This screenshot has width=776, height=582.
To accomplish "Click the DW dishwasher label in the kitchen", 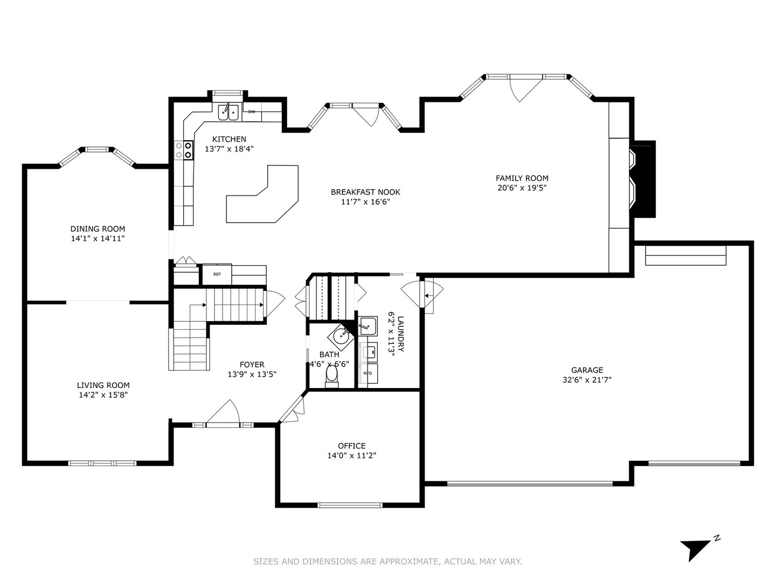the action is (x=252, y=112).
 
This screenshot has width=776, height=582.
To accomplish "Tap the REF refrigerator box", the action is (x=217, y=274).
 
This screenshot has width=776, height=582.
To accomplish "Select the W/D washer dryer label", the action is (x=368, y=373).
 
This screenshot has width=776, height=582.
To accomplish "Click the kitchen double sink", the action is (x=228, y=113).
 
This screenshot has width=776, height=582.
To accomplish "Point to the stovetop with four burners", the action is (x=184, y=150).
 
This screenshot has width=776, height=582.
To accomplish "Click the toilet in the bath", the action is (x=331, y=376).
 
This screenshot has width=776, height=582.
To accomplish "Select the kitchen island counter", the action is (x=262, y=194).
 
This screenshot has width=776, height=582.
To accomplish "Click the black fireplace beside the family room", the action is (x=643, y=179).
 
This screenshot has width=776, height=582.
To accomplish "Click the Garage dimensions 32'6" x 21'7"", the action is (x=587, y=380).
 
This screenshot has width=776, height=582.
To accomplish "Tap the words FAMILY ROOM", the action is (x=522, y=178).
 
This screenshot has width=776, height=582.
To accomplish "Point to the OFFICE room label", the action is (x=351, y=446).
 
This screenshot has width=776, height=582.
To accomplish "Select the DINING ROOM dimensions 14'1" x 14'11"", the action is (x=98, y=239).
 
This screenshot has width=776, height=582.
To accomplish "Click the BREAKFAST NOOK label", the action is (x=365, y=192).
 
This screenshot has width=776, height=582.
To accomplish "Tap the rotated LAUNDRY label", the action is (x=400, y=334).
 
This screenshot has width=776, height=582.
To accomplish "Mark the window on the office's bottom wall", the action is (x=350, y=505).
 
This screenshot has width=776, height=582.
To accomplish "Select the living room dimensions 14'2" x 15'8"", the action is (x=103, y=394).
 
